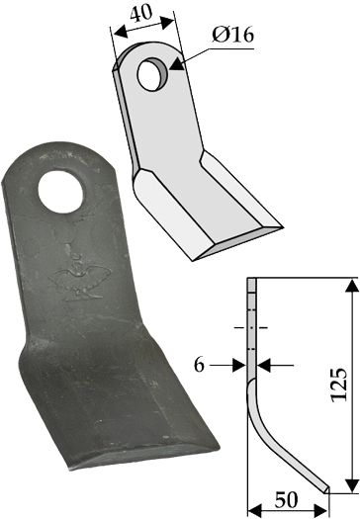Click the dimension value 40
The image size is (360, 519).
(141, 13)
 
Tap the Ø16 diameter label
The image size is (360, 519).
(232, 35)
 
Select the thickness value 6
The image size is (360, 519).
(199, 366)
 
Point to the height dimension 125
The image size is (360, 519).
(339, 385)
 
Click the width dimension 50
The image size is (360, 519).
(287, 500)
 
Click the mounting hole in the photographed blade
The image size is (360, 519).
(60, 192)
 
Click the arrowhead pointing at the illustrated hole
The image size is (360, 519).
(177, 63)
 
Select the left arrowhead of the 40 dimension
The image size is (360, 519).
(120, 32)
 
